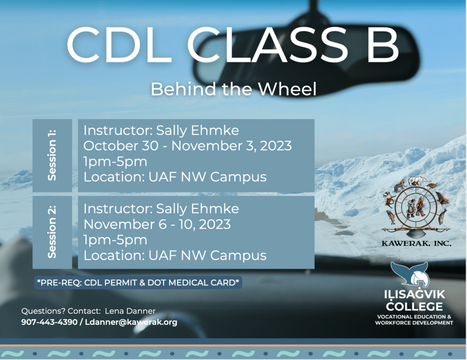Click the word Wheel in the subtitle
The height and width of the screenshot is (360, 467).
(287, 89)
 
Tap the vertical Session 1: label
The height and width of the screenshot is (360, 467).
(52, 155)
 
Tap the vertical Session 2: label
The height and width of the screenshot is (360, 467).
(52, 232)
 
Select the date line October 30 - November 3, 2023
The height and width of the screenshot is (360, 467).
(187, 146)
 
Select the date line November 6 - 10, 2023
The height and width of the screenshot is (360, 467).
(157, 224)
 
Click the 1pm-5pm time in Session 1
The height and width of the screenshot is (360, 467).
(115, 162)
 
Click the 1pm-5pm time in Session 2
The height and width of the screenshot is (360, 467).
(115, 240)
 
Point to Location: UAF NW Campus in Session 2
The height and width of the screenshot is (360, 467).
(175, 255)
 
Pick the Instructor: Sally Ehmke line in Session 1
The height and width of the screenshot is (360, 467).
(161, 130)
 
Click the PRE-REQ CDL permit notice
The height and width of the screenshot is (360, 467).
(138, 283)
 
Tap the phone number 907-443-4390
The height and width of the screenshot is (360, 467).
(49, 322)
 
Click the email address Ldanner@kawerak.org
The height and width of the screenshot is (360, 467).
(131, 322)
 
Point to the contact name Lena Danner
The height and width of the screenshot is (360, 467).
(130, 311)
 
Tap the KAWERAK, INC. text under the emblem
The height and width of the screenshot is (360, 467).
(416, 243)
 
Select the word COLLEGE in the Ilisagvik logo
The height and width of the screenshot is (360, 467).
(414, 306)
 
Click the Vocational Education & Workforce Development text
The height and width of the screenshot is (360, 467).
(414, 319)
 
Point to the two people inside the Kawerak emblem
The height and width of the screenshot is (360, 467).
(416, 206)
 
